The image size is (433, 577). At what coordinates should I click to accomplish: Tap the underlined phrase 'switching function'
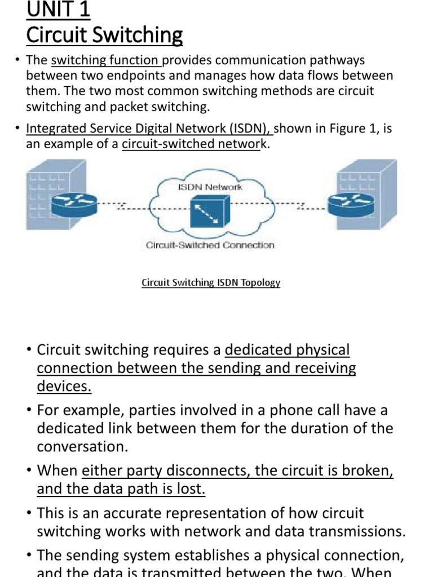tap(106, 60)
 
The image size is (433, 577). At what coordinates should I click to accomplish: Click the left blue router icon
tap(74, 205)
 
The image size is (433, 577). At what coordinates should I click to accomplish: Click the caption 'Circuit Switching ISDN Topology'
tap(210, 282)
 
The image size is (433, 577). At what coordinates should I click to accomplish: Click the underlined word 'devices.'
tap(64, 387)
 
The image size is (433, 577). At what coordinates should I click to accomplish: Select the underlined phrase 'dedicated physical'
tap(287, 350)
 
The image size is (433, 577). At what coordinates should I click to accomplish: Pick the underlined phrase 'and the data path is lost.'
tap(121, 489)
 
